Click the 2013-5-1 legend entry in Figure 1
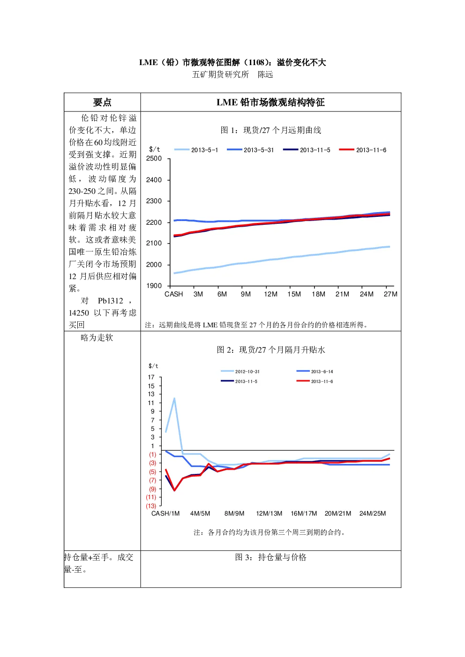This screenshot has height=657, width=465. [x=196, y=150]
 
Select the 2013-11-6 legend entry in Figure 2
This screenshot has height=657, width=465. [x=315, y=381]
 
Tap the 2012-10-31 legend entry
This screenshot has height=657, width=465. [x=240, y=371]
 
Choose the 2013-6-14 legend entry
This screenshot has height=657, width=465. [x=315, y=371]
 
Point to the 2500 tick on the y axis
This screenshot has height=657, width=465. [x=154, y=158]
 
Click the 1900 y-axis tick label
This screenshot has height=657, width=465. [x=154, y=286]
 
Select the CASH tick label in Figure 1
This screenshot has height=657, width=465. [x=173, y=294]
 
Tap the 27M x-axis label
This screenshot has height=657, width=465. [x=390, y=294]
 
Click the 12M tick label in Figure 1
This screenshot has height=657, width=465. [x=270, y=294]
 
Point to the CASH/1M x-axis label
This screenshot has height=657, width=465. [x=165, y=513]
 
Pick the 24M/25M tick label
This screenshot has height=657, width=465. [x=373, y=513]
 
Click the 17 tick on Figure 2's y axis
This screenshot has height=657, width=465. [x=151, y=377]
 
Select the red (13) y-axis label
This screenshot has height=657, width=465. [x=151, y=506]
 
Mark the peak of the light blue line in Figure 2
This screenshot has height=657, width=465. [x=174, y=399]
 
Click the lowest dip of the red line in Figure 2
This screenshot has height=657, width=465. [x=174, y=490]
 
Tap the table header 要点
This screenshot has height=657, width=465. [x=102, y=103]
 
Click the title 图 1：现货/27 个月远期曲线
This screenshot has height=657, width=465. [x=270, y=130]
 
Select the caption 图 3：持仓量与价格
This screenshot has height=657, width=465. [x=270, y=557]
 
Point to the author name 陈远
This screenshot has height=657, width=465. [x=265, y=74]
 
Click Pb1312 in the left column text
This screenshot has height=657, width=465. [x=110, y=301]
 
